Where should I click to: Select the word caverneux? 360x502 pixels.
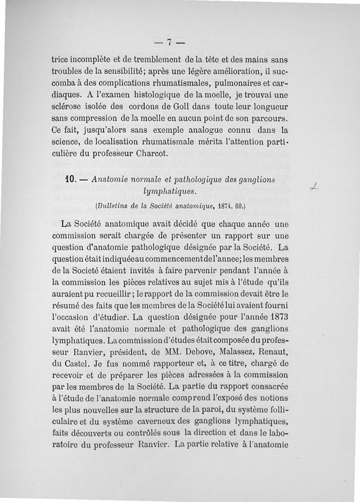[169, 422]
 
